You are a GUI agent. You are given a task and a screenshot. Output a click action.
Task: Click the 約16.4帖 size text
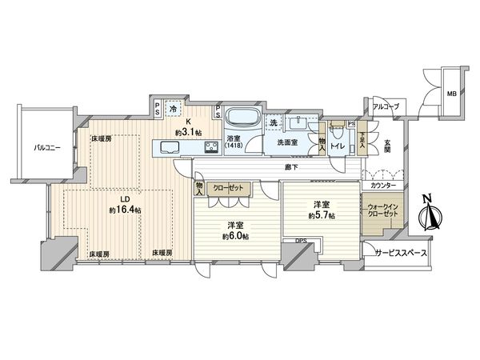(126, 210)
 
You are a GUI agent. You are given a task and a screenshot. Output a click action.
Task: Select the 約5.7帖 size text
(324, 214)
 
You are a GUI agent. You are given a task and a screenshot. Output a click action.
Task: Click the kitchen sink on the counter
(170, 146)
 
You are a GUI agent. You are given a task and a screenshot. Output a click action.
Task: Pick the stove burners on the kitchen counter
(210, 146)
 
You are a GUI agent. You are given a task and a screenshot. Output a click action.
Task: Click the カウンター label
(381, 186)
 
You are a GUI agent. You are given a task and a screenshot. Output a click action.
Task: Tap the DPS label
(301, 241)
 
